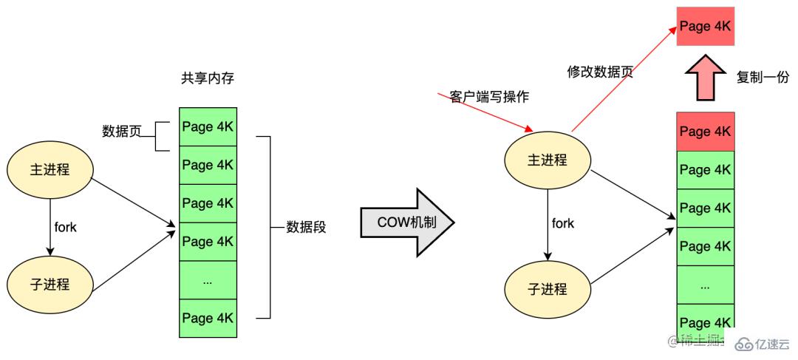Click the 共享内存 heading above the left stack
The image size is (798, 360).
[207, 78]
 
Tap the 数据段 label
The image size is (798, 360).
[306, 228]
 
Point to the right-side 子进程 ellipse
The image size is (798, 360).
[548, 288]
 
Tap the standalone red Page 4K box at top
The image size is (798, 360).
[706, 26]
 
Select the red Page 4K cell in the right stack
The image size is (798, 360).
[706, 132]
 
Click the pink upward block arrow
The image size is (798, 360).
[706, 78]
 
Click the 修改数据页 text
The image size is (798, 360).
[600, 72]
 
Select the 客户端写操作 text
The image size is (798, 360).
[489, 97]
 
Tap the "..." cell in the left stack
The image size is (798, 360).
[207, 280]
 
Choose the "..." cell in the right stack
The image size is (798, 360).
[706, 285]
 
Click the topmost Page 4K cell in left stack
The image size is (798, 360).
[207, 126]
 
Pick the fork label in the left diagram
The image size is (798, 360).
[66, 227]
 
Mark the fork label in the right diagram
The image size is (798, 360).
[563, 223]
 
